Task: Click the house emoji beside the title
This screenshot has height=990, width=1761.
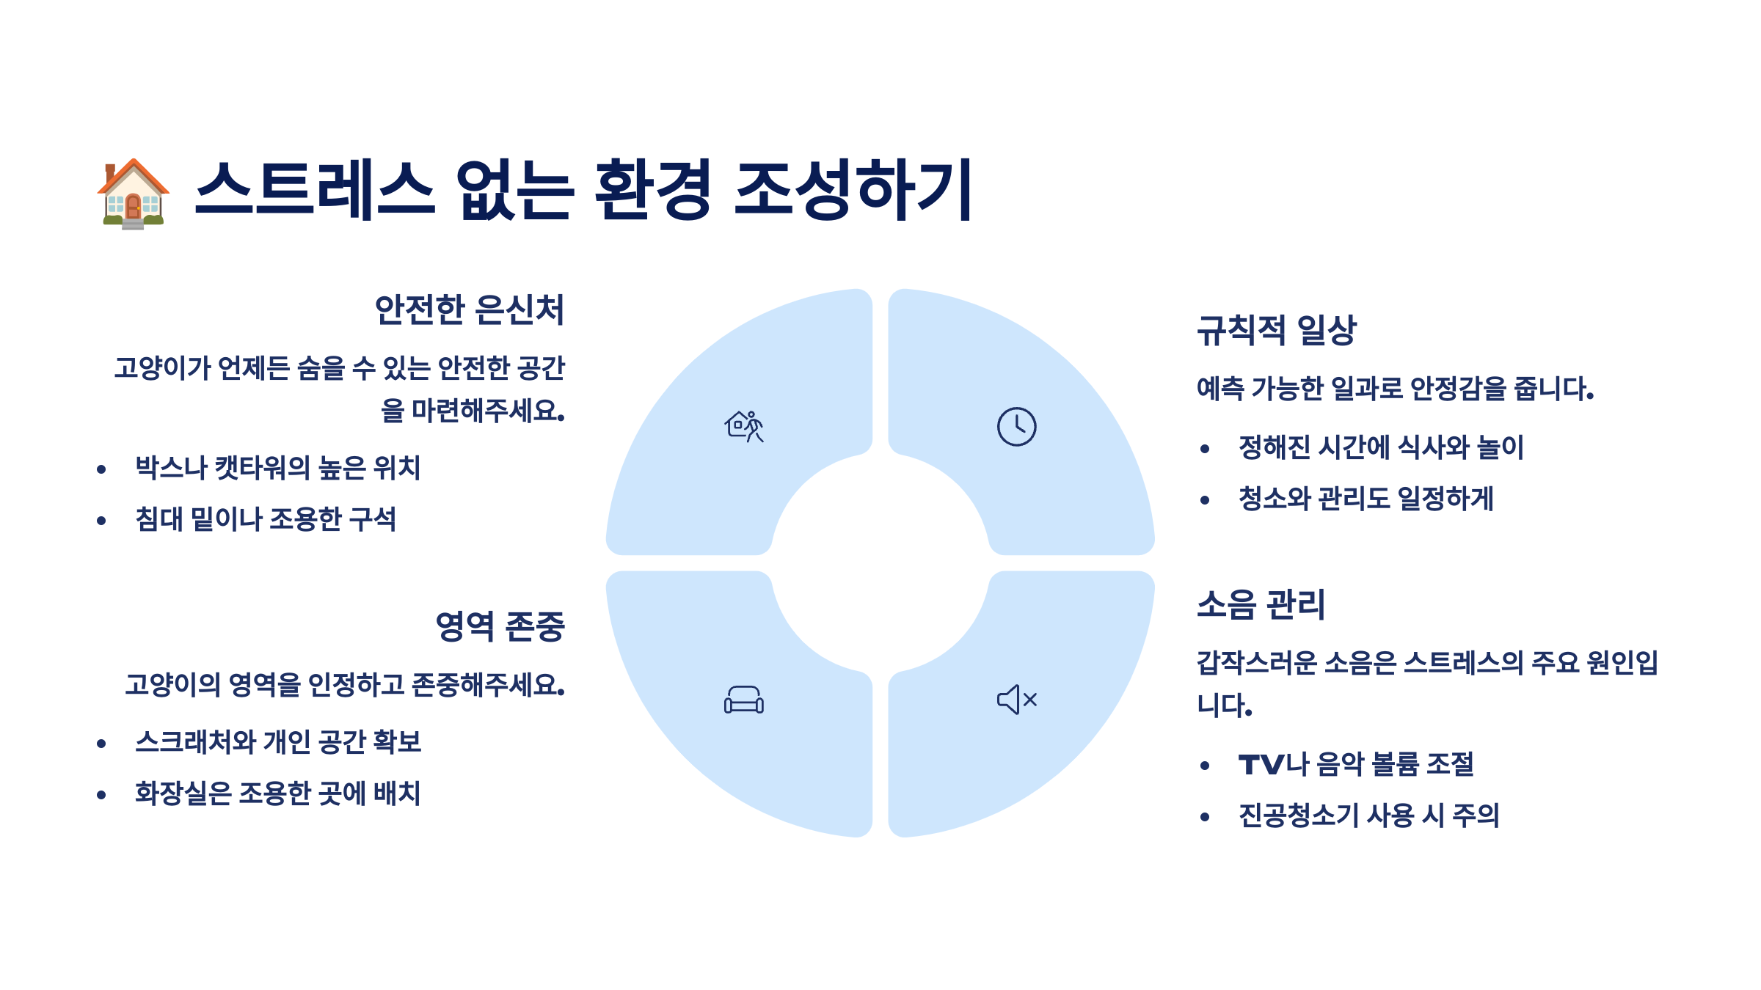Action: [x=133, y=193]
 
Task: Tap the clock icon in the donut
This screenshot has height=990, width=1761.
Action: [x=1016, y=426]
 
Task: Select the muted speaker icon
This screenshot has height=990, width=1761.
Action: [x=1016, y=700]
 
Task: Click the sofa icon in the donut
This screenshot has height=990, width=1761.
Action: [x=744, y=700]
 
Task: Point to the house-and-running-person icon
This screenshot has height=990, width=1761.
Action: [x=744, y=426]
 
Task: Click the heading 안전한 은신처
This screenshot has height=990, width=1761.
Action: [x=470, y=309]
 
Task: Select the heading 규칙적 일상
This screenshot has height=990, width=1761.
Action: [x=1277, y=330]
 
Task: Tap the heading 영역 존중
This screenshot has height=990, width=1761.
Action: [x=500, y=626]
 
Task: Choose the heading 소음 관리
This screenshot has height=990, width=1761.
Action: [x=1261, y=605]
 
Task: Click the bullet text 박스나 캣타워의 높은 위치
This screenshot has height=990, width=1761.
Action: [x=277, y=468]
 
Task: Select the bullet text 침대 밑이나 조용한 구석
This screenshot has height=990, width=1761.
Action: [x=266, y=519]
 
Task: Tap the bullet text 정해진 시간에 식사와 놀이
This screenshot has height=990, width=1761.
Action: [x=1381, y=447]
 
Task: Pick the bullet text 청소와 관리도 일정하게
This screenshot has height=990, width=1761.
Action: [x=1366, y=499]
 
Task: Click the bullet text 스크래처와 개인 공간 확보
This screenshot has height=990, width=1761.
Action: [x=278, y=742]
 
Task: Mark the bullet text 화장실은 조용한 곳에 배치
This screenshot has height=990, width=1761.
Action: [x=277, y=793]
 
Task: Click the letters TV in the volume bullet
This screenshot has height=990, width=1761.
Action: [x=1261, y=765]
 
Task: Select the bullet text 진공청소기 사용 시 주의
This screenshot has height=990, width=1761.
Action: [x=1368, y=815]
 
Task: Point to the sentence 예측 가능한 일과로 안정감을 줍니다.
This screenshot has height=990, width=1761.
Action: [x=1395, y=389]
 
